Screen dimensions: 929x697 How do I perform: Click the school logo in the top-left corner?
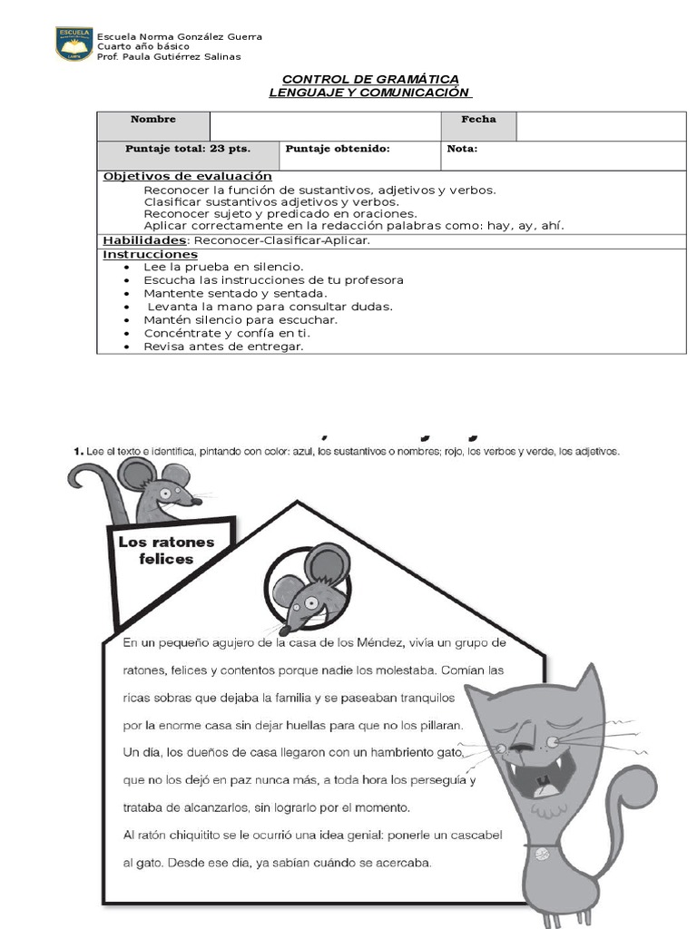[x=74, y=44]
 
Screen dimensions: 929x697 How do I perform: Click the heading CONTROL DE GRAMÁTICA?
[x=370, y=79]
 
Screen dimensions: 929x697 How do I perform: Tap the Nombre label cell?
[x=153, y=120]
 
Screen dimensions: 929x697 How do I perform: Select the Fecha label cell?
[x=478, y=120]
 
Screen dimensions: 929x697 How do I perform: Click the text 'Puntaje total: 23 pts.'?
[x=188, y=148]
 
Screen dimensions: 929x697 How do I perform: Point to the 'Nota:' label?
[x=462, y=148]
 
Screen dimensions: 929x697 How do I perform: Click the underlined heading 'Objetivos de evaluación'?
[x=188, y=176]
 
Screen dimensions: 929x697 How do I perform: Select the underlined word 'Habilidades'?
[x=143, y=240]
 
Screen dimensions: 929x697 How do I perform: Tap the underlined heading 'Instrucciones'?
[x=150, y=255]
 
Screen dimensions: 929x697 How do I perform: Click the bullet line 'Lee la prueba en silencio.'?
[x=223, y=268]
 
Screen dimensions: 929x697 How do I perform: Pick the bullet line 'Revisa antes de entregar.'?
[x=223, y=346]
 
